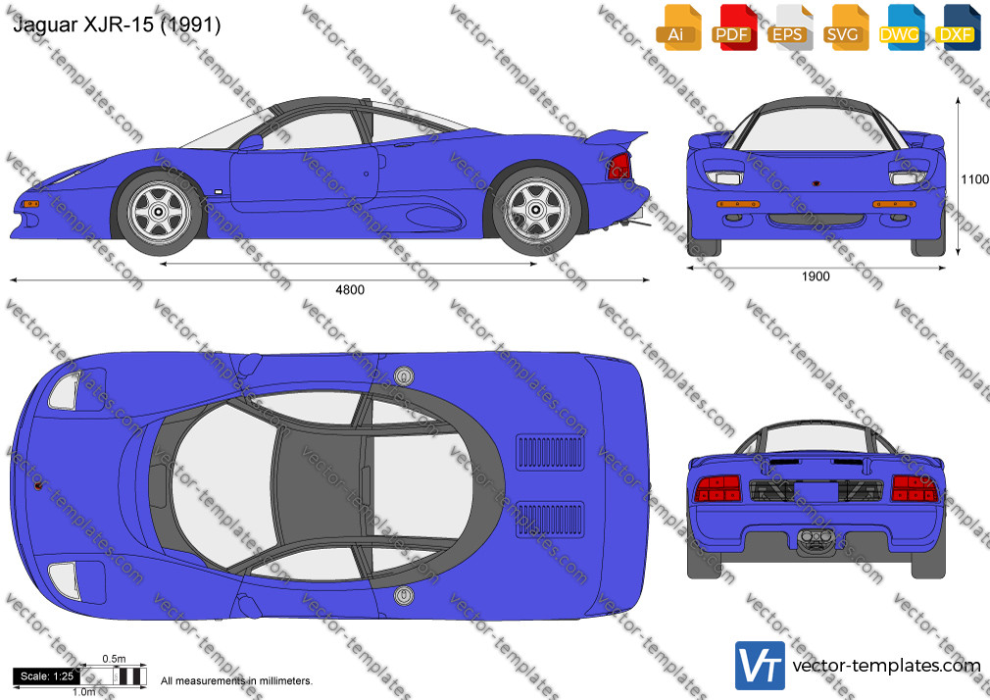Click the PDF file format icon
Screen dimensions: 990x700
(x=733, y=27)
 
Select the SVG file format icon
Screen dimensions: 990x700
(x=845, y=27)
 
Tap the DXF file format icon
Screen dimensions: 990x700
(x=958, y=27)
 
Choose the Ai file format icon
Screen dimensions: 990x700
(x=678, y=27)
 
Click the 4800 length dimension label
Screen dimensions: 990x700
(x=350, y=290)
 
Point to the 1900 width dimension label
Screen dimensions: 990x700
(x=816, y=276)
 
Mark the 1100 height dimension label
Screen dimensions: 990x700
(x=975, y=179)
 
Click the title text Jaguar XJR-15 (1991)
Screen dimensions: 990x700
(x=117, y=25)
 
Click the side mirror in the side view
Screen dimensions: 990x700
(x=251, y=143)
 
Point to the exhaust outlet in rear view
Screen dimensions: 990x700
(x=817, y=539)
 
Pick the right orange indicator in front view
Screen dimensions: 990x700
(x=894, y=204)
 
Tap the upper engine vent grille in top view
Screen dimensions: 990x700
(x=550, y=452)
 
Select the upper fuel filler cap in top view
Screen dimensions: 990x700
(x=404, y=376)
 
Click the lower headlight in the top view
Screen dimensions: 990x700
(x=64, y=580)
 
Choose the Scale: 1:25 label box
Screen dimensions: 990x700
(x=46, y=676)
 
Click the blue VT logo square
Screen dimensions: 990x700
(x=760, y=666)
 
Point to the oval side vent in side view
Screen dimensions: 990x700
(x=434, y=217)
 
